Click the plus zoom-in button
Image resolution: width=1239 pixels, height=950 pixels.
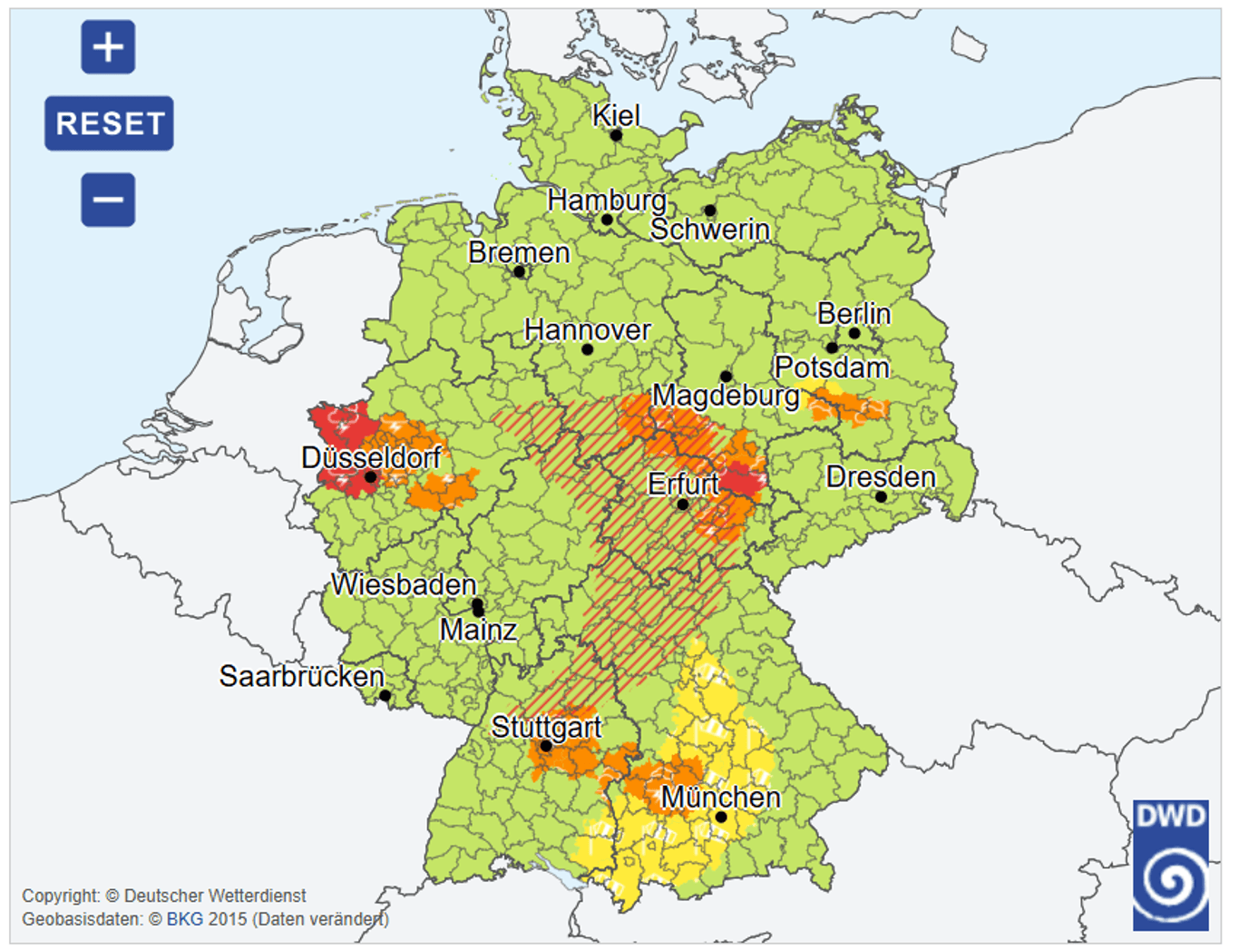coord(108,47)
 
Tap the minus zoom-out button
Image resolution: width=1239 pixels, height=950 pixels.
coord(108,200)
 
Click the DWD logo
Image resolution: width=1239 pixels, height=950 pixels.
coord(1170,865)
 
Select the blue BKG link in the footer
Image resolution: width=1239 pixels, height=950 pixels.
coord(184,919)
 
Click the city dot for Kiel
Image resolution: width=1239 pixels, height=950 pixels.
coord(616,135)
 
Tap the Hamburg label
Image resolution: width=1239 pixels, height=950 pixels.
coord(606,200)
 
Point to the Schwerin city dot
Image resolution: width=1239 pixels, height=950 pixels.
coord(710,211)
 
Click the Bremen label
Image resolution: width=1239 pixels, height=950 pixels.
coord(519,252)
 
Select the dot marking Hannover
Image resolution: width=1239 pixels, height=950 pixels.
coord(587,349)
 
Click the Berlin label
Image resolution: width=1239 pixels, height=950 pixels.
coord(854,314)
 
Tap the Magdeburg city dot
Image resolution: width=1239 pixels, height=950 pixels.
coord(726,376)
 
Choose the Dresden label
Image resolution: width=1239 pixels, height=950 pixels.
coord(880,477)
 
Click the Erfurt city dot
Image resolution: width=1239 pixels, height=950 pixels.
coord(683,504)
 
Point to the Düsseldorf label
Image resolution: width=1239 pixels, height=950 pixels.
coord(371,457)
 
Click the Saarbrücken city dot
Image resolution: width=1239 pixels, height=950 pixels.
coord(385,696)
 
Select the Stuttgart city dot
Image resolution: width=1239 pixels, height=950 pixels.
coord(546,746)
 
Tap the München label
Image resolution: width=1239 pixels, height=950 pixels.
coord(720,798)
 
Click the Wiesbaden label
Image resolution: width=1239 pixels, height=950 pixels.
coord(404,584)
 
